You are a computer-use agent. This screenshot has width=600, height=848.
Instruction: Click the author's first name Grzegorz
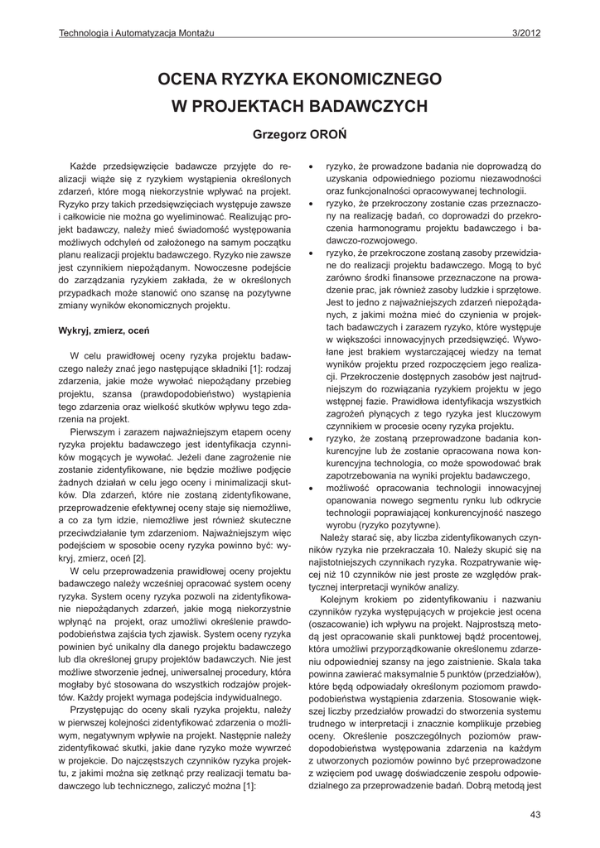(x=278, y=133)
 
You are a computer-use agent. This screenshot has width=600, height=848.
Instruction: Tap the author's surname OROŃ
(x=331, y=133)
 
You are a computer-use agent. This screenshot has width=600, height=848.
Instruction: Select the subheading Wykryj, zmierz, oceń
(x=103, y=330)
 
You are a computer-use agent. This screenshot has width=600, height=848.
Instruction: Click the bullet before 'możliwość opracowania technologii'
(x=310, y=489)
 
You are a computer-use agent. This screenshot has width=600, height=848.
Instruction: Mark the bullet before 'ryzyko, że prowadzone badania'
(x=310, y=166)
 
